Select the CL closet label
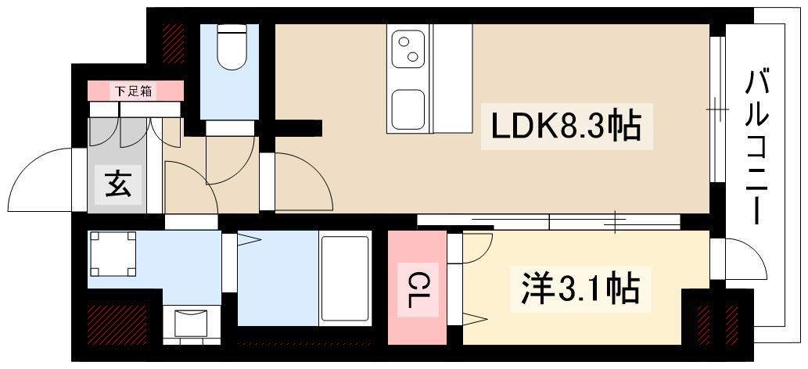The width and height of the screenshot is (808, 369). click(418, 288)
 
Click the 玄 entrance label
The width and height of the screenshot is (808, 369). click(118, 187)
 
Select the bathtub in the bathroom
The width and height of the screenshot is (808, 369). click(344, 278)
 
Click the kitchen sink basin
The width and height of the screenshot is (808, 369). click(408, 109)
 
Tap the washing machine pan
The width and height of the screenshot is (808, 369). click(113, 253)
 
